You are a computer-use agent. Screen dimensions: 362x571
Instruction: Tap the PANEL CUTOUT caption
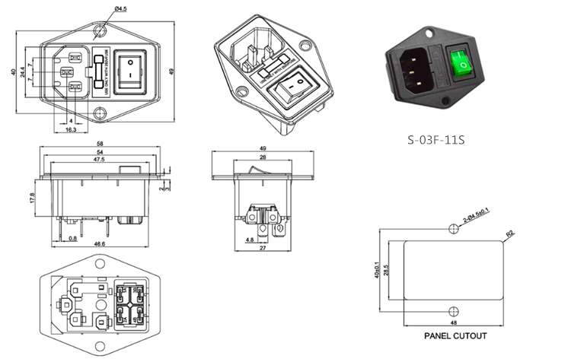click(x=455, y=335)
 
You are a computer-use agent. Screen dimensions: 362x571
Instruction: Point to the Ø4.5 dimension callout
click(x=121, y=9)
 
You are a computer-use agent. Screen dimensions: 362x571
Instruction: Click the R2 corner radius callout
click(x=509, y=235)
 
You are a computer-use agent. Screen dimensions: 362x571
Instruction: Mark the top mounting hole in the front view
click(x=100, y=32)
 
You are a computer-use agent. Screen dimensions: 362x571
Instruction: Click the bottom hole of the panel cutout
click(x=454, y=310)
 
